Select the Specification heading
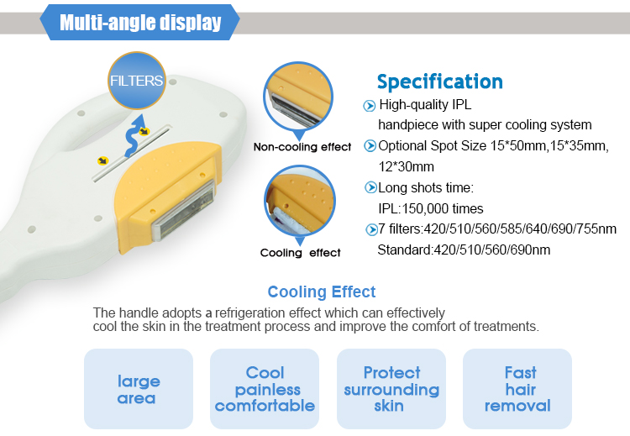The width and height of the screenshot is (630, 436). pyautogui.click(x=439, y=81)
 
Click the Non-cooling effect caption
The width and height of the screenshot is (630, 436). pyautogui.click(x=302, y=147)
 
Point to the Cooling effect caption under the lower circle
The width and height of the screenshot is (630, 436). pyautogui.click(x=301, y=252)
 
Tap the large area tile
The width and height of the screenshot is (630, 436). pyautogui.click(x=138, y=389)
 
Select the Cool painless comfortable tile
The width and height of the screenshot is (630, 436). pyautogui.click(x=265, y=389)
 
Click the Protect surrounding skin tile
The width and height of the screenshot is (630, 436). pyautogui.click(x=391, y=389)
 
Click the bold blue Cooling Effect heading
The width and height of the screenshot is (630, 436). pyautogui.click(x=322, y=292)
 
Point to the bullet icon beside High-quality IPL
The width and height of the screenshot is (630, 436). pyautogui.click(x=369, y=106)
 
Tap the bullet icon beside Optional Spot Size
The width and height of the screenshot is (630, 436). pyautogui.click(x=369, y=146)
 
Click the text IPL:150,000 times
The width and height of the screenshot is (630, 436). pyautogui.click(x=431, y=208)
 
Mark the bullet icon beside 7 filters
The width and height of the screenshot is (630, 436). pyautogui.click(x=370, y=229)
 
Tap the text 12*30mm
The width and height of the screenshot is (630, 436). pyautogui.click(x=406, y=166)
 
